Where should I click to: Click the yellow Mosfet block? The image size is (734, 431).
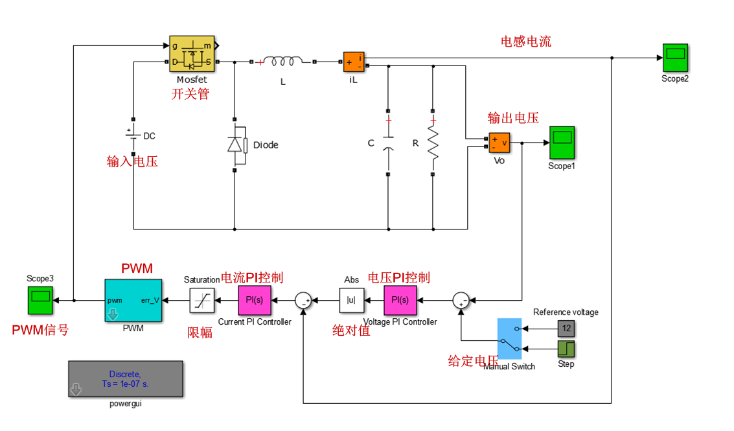point(192,54)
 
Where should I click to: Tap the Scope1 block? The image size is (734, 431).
point(562,143)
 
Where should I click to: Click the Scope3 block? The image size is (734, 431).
point(40,300)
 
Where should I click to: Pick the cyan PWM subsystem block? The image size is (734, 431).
point(133,300)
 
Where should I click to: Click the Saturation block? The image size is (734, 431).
point(201,300)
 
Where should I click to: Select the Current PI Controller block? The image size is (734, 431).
point(254,300)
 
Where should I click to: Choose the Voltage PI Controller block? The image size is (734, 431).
point(400,300)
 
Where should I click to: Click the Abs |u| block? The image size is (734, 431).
point(351,300)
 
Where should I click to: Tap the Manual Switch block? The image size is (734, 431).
point(510,340)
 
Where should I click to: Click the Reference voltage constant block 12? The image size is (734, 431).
point(566,329)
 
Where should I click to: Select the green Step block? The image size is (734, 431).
point(566,349)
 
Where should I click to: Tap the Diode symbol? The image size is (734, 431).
point(235,145)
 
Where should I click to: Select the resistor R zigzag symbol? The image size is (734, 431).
point(433,145)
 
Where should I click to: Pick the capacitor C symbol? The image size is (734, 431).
point(387,144)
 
